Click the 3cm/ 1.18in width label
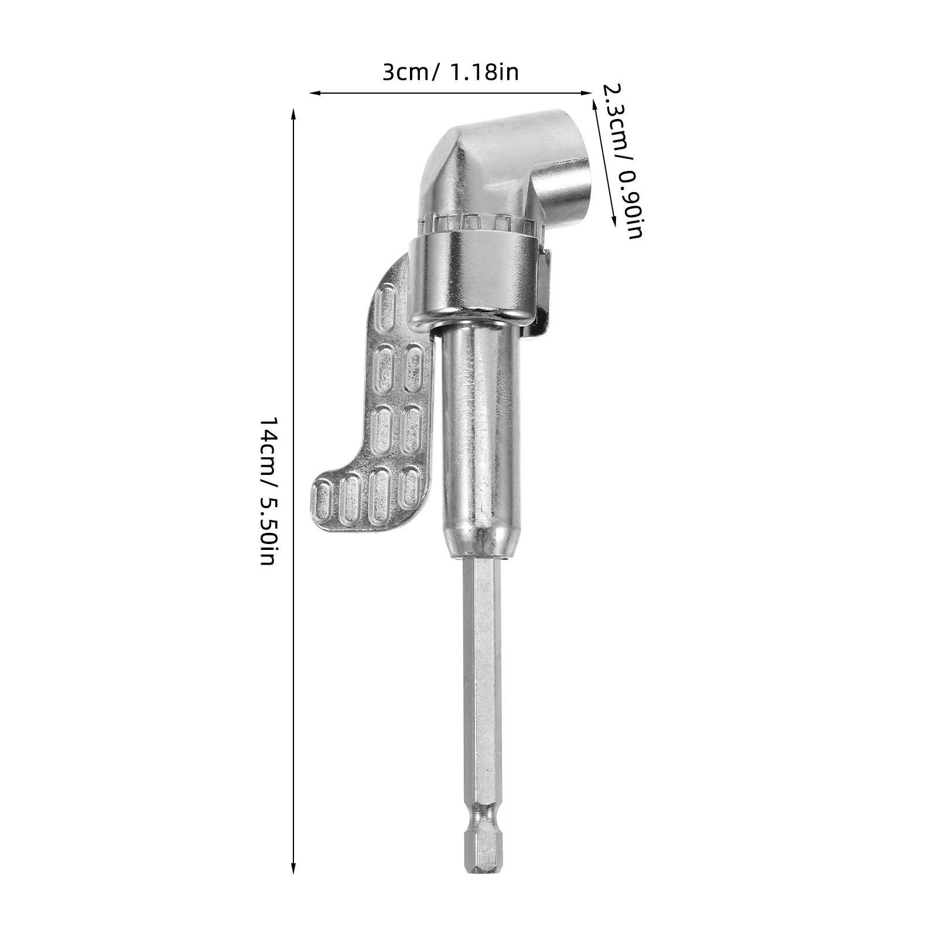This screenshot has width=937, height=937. click(x=450, y=73)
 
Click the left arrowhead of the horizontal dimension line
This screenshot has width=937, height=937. click(x=312, y=93)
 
